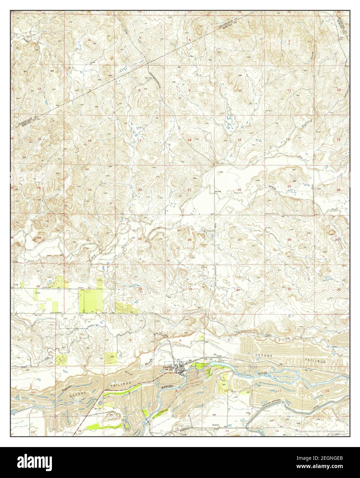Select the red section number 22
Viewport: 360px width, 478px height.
(239, 190)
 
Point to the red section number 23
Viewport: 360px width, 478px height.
(290, 186)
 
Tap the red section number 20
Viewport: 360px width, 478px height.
(140, 190)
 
